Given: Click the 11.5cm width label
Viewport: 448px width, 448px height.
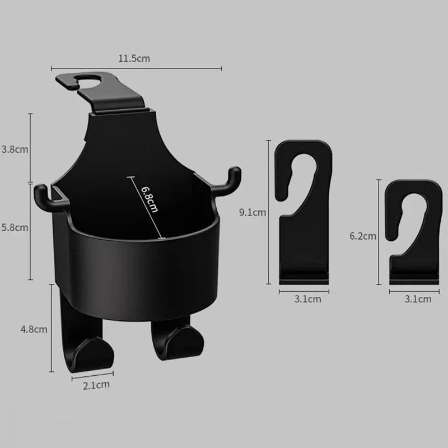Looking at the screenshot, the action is point(134,59).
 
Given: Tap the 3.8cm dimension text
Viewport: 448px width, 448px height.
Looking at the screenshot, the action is point(15,150).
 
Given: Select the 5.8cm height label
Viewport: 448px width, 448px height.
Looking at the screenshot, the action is point(15,228).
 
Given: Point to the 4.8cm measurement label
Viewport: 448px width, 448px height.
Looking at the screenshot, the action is point(34,329).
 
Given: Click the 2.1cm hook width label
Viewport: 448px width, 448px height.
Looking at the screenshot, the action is point(96,385).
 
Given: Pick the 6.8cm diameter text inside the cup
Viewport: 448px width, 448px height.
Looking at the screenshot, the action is point(150,199).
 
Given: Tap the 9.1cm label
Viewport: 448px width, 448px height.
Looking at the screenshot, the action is point(253,212).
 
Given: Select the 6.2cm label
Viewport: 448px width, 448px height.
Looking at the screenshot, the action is point(363,236).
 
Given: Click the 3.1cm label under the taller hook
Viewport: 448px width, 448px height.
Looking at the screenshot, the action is point(307,299).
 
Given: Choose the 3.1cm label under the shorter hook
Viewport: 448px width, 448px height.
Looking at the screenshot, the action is point(418,299).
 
